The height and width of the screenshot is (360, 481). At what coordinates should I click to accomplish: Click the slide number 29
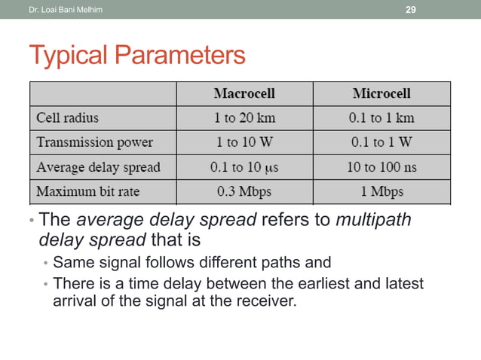click(411, 9)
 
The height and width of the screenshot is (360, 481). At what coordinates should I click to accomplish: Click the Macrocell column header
click(244, 94)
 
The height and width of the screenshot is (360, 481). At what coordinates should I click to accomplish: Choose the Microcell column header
click(381, 94)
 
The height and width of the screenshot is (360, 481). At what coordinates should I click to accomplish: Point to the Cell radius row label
click(67, 118)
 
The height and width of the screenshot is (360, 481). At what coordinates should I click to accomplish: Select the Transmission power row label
click(94, 142)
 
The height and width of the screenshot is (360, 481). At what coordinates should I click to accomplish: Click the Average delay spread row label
click(98, 167)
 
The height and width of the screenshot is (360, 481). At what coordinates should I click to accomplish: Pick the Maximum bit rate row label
click(87, 191)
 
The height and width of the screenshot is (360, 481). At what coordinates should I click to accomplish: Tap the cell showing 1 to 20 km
click(245, 118)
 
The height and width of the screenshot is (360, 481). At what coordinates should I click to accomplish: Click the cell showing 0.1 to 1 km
click(381, 118)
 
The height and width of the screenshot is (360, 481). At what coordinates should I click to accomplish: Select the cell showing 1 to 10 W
click(245, 142)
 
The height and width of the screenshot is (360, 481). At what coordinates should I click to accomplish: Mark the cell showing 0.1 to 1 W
click(381, 142)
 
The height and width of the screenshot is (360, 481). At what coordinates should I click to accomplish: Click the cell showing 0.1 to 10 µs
click(245, 167)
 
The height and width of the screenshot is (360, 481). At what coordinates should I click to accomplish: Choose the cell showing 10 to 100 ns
click(381, 167)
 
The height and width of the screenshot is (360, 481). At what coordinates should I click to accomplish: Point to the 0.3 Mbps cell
click(245, 191)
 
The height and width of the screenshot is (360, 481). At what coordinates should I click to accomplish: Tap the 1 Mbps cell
click(381, 191)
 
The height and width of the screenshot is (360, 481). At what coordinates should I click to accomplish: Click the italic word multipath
click(374, 221)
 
